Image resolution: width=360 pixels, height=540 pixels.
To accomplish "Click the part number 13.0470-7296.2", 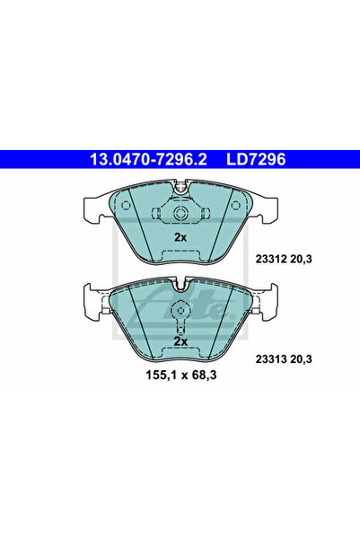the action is [x=148, y=159].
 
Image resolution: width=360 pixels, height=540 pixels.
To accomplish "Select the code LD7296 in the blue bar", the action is [x=256, y=159].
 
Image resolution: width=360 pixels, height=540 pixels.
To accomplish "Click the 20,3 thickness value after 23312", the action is [x=301, y=259].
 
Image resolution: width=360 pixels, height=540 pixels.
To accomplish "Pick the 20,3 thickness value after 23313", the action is [x=301, y=359].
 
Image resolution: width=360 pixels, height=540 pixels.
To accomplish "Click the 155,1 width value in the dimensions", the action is [x=161, y=375].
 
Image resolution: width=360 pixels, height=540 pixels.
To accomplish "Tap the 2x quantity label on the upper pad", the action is [x=180, y=237].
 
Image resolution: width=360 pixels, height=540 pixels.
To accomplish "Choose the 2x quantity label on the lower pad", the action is [x=180, y=341].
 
